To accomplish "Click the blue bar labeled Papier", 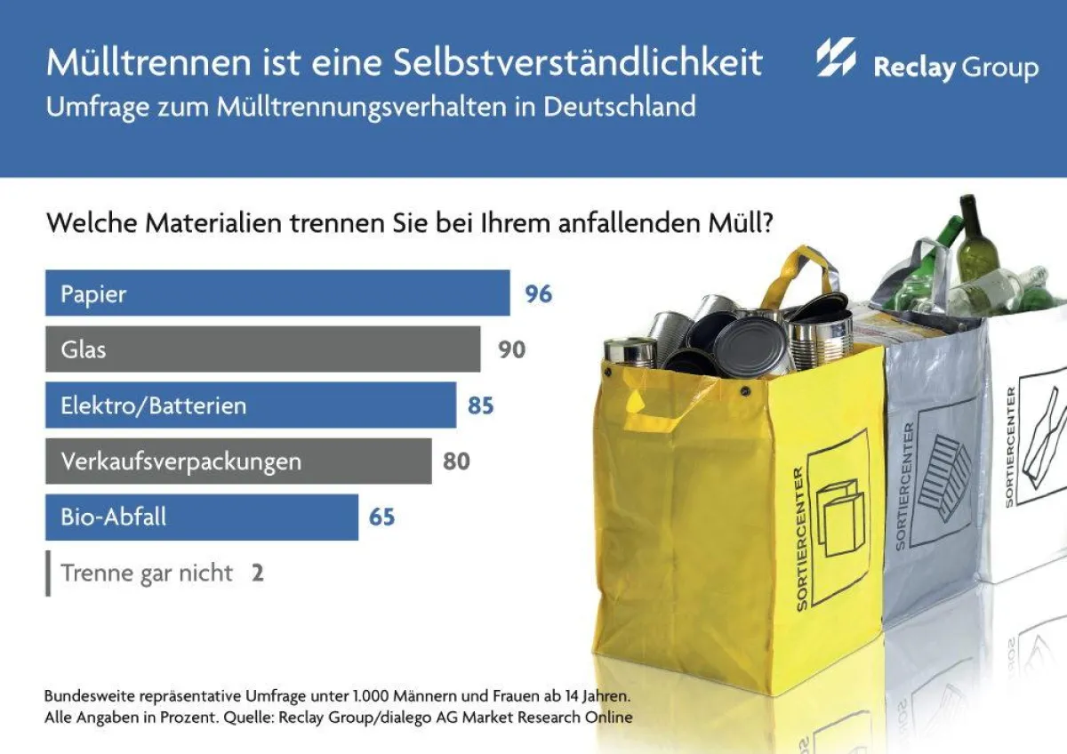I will (277, 293).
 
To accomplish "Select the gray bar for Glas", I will (262, 349).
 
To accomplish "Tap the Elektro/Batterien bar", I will (250, 405).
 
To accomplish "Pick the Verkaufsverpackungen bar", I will (237, 461).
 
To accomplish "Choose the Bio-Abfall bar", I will (201, 517).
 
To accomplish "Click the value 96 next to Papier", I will (538, 293).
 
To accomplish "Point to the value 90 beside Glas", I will (511, 349).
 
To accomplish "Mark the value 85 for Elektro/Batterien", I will (480, 405).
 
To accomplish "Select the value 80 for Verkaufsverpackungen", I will (456, 461).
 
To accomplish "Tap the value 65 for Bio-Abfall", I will (381, 517).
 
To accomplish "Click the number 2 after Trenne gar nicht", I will (257, 573).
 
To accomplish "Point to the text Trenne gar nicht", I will (147, 573).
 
